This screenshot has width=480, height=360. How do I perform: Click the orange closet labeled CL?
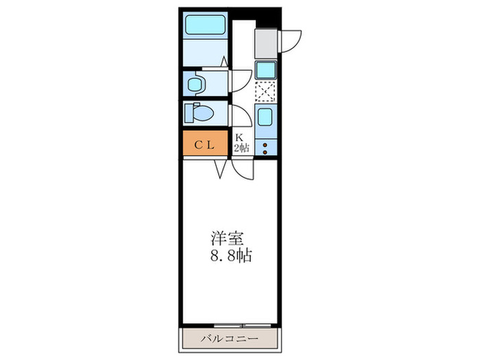click(204, 145)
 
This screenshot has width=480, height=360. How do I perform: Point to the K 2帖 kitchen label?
click(240, 143)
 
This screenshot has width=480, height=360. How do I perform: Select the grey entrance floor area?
click(265, 43)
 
